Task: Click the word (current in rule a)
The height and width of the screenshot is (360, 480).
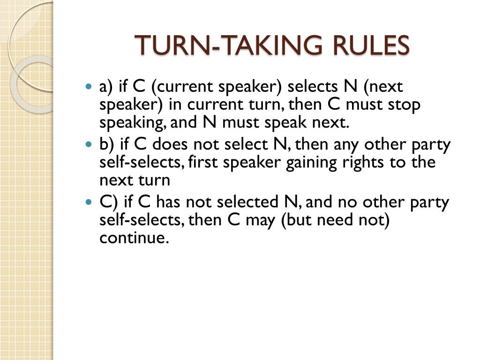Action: tap(177, 87)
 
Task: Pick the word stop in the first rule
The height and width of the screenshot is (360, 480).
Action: tap(404, 105)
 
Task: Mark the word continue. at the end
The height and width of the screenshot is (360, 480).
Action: tap(134, 238)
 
